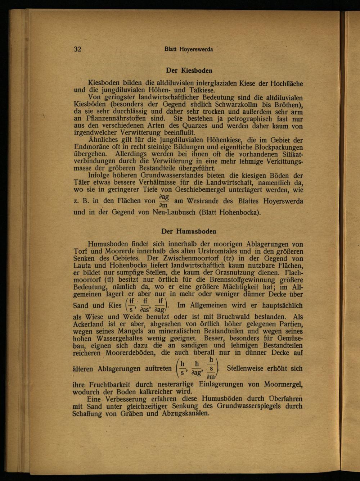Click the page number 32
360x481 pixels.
(78, 49)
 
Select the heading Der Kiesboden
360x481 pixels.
(189, 71)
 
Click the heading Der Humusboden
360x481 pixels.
(189, 231)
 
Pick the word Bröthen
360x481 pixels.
(287, 105)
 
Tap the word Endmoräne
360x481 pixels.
(91, 147)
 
